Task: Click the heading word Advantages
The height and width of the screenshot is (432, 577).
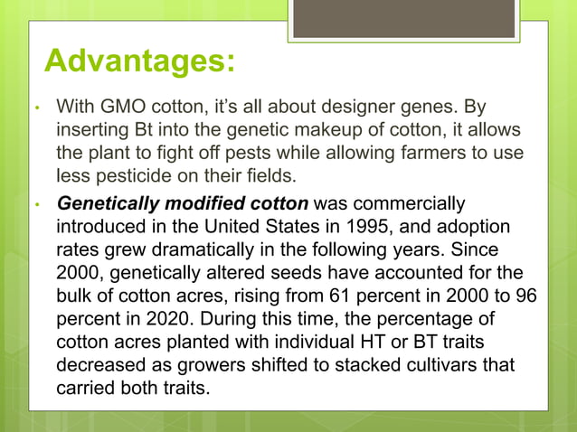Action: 140,62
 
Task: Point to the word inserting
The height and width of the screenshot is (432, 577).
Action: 90,130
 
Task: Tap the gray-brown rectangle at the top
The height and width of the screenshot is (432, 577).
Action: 403,17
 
